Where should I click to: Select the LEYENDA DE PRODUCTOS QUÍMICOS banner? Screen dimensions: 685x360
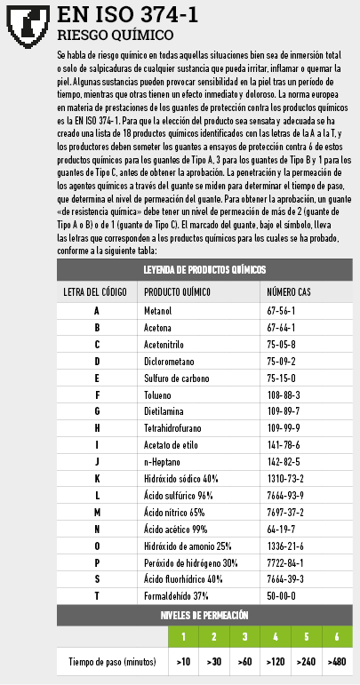(204, 269)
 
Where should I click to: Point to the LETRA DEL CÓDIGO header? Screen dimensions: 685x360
(95, 291)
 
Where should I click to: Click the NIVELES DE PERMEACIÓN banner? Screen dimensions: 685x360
(204, 615)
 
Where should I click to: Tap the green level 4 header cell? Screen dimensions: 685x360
(276, 637)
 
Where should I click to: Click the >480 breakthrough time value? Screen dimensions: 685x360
(337, 662)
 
